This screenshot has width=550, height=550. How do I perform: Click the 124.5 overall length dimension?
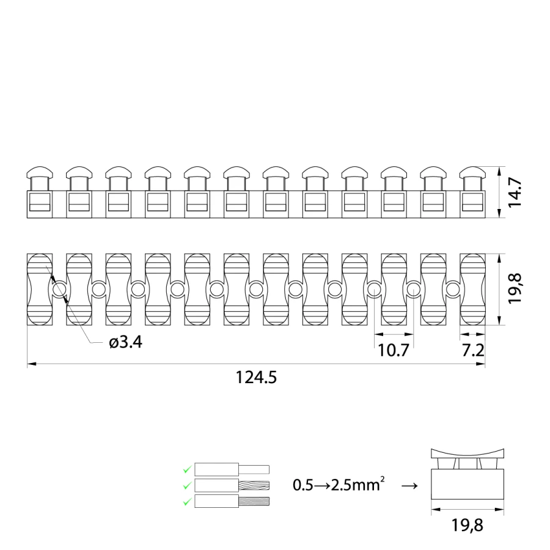pos(256,378)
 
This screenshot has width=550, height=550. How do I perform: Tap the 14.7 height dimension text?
pos(515,193)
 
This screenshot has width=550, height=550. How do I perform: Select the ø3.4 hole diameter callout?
pos(125,342)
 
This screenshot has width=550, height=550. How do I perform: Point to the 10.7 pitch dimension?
pos(394,350)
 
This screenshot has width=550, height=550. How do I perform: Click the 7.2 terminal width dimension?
pos(473,350)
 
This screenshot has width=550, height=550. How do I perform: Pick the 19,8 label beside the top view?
pos(515,289)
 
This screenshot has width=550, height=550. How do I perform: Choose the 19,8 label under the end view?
pos(467,525)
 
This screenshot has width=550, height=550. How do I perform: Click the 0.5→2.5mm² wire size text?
pos(339,485)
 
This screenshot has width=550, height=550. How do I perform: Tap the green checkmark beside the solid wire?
pos(188,469)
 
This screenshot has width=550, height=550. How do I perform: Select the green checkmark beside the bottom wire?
pos(188,502)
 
